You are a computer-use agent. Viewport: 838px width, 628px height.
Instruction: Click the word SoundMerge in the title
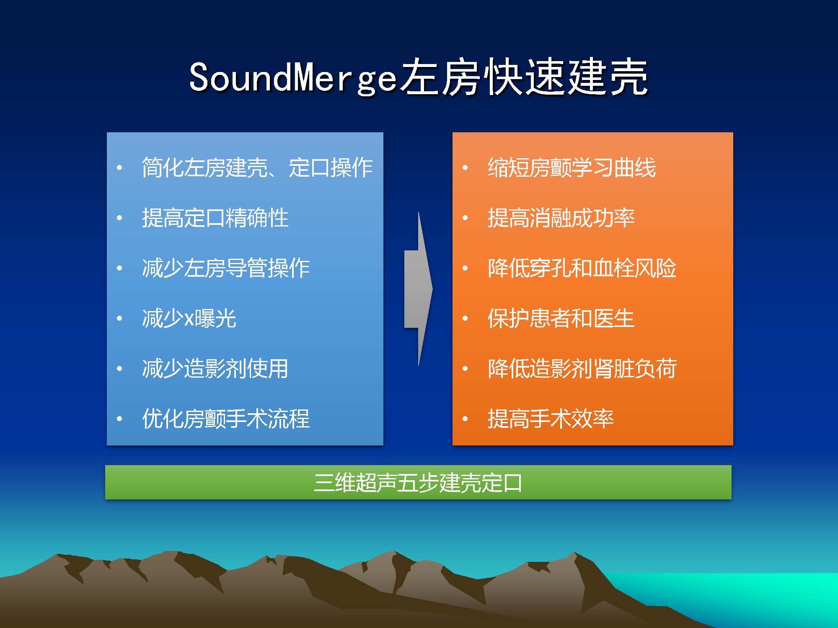pyautogui.click(x=293, y=77)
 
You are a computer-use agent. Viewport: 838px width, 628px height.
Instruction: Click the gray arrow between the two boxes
pyautogui.click(x=418, y=289)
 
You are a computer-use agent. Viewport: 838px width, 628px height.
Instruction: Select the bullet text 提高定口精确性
pyautogui.click(x=215, y=218)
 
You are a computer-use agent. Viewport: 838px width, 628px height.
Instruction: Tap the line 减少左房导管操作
pyautogui.click(x=226, y=268)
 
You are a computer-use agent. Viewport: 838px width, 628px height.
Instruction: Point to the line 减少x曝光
pyautogui.click(x=189, y=319)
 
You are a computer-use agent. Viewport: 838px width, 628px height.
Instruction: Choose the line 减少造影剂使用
pyautogui.click(x=215, y=369)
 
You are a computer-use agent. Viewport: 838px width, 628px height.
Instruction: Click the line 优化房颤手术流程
pyautogui.click(x=226, y=419)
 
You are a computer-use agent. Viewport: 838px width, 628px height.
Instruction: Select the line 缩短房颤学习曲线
pyautogui.click(x=572, y=168)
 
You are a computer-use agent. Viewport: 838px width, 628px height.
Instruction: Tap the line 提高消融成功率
pyautogui.click(x=561, y=218)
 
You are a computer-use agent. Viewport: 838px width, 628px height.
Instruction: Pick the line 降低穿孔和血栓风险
pyautogui.click(x=582, y=268)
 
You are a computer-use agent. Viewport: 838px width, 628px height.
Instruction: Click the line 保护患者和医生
pyautogui.click(x=561, y=319)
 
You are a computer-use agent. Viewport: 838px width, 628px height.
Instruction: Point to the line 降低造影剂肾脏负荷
pyautogui.click(x=582, y=369)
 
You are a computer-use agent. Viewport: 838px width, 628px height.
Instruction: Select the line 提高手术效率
pyautogui.click(x=551, y=419)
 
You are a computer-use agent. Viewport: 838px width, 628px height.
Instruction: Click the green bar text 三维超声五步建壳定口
pyautogui.click(x=418, y=483)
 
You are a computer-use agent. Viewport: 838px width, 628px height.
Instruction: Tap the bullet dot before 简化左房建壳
pyautogui.click(x=119, y=168)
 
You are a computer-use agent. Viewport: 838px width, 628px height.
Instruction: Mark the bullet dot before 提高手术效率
pyautogui.click(x=465, y=419)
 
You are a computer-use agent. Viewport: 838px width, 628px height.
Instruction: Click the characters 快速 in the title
pyautogui.click(x=523, y=77)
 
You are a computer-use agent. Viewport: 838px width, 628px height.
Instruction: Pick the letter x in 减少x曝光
pyautogui.click(x=189, y=320)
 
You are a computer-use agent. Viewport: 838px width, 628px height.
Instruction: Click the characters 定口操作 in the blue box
pyautogui.click(x=331, y=168)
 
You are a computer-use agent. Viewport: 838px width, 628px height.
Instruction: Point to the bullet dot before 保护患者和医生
pyautogui.click(x=465, y=319)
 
